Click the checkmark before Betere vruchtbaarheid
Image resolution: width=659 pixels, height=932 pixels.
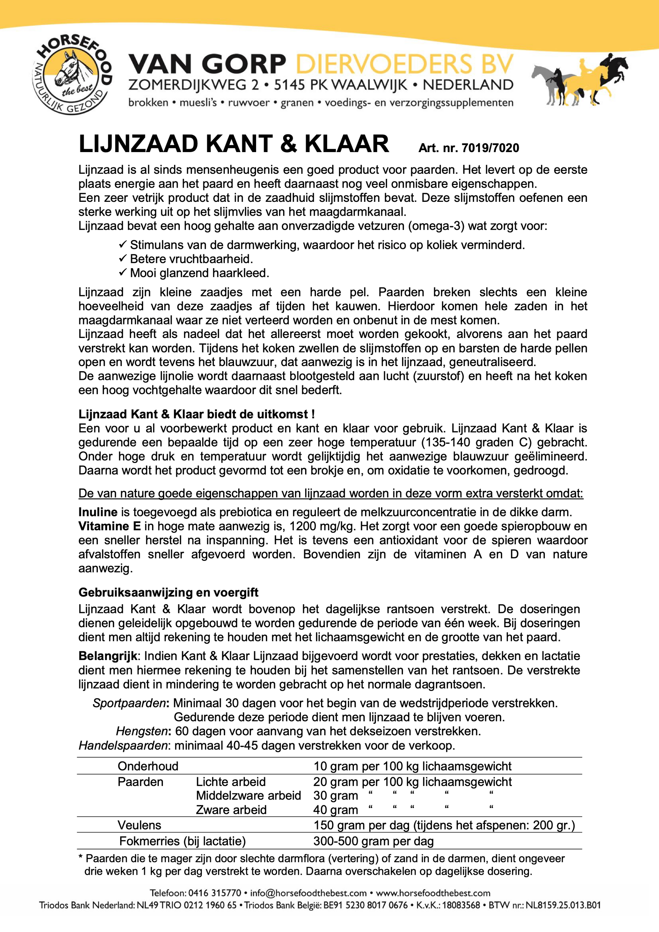pyautogui.click(x=123, y=259)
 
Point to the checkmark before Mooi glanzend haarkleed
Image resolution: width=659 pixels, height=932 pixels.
pyautogui.click(x=123, y=273)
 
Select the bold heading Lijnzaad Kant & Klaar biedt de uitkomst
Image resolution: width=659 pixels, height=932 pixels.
pyautogui.click(x=196, y=414)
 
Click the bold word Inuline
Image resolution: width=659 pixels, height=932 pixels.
pyautogui.click(x=98, y=512)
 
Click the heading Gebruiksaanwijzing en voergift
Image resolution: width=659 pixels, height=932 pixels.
pyautogui.click(x=168, y=592)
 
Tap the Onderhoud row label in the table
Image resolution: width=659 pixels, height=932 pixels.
pyautogui.click(x=148, y=766)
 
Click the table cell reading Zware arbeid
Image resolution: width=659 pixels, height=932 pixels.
pyautogui.click(x=231, y=810)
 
